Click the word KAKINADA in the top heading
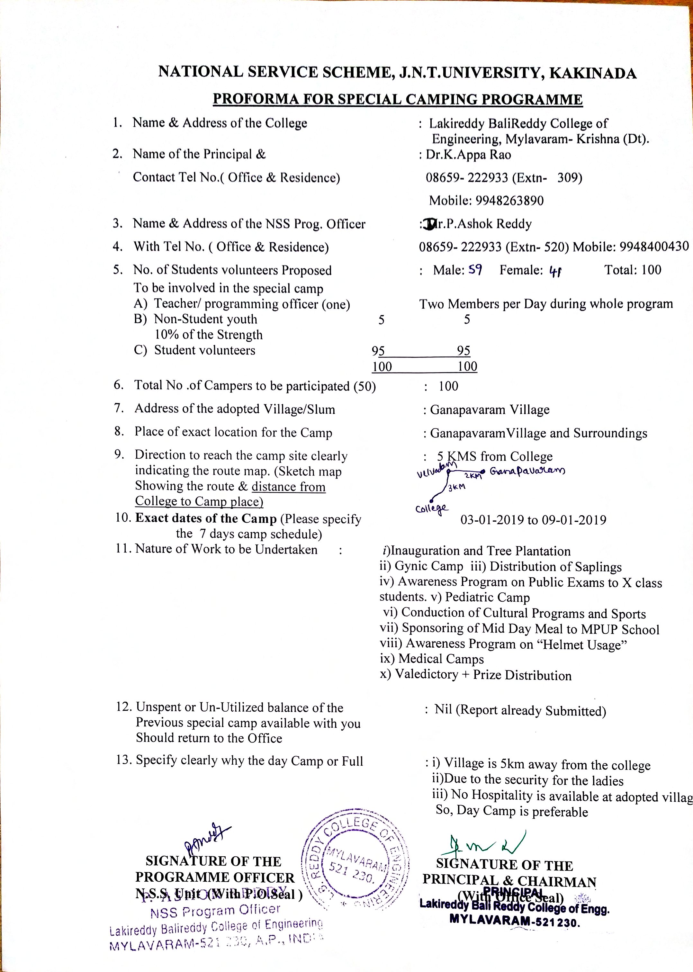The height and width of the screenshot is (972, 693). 593,74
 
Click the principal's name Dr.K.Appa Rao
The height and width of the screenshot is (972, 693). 468,155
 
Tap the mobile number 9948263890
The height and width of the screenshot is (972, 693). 509,201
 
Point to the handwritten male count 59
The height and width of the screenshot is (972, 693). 475,270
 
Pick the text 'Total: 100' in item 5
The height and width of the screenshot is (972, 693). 632,270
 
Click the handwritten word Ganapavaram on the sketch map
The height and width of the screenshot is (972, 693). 527,472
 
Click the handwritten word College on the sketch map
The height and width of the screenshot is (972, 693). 431,508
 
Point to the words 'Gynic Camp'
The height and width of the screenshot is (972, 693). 428,567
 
